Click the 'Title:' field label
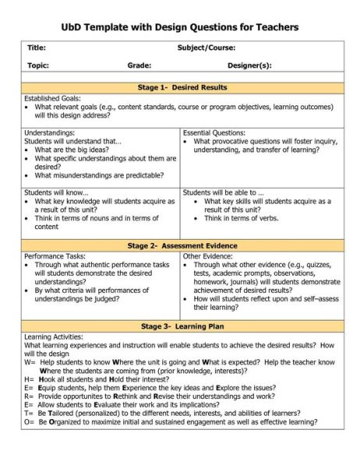point(37,48)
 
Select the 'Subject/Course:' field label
point(206,48)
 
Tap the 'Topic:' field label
point(38,66)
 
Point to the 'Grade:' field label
point(139,66)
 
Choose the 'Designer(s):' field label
point(249,66)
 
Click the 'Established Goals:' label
point(52,99)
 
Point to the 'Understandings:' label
point(50,133)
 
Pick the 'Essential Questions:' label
point(214,133)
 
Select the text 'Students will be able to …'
point(223,192)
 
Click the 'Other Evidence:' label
point(209,256)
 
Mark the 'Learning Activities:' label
point(53,336)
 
